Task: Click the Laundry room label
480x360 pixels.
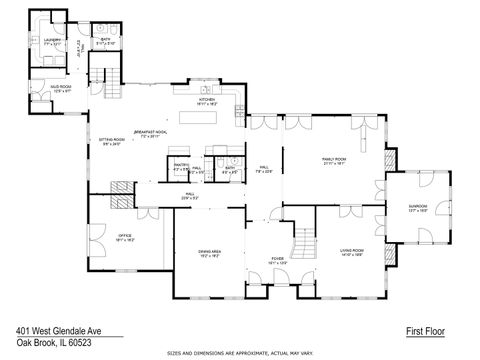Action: click(x=52, y=42)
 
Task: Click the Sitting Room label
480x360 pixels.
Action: click(x=110, y=141)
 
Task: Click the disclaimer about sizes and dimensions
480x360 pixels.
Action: click(x=240, y=353)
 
